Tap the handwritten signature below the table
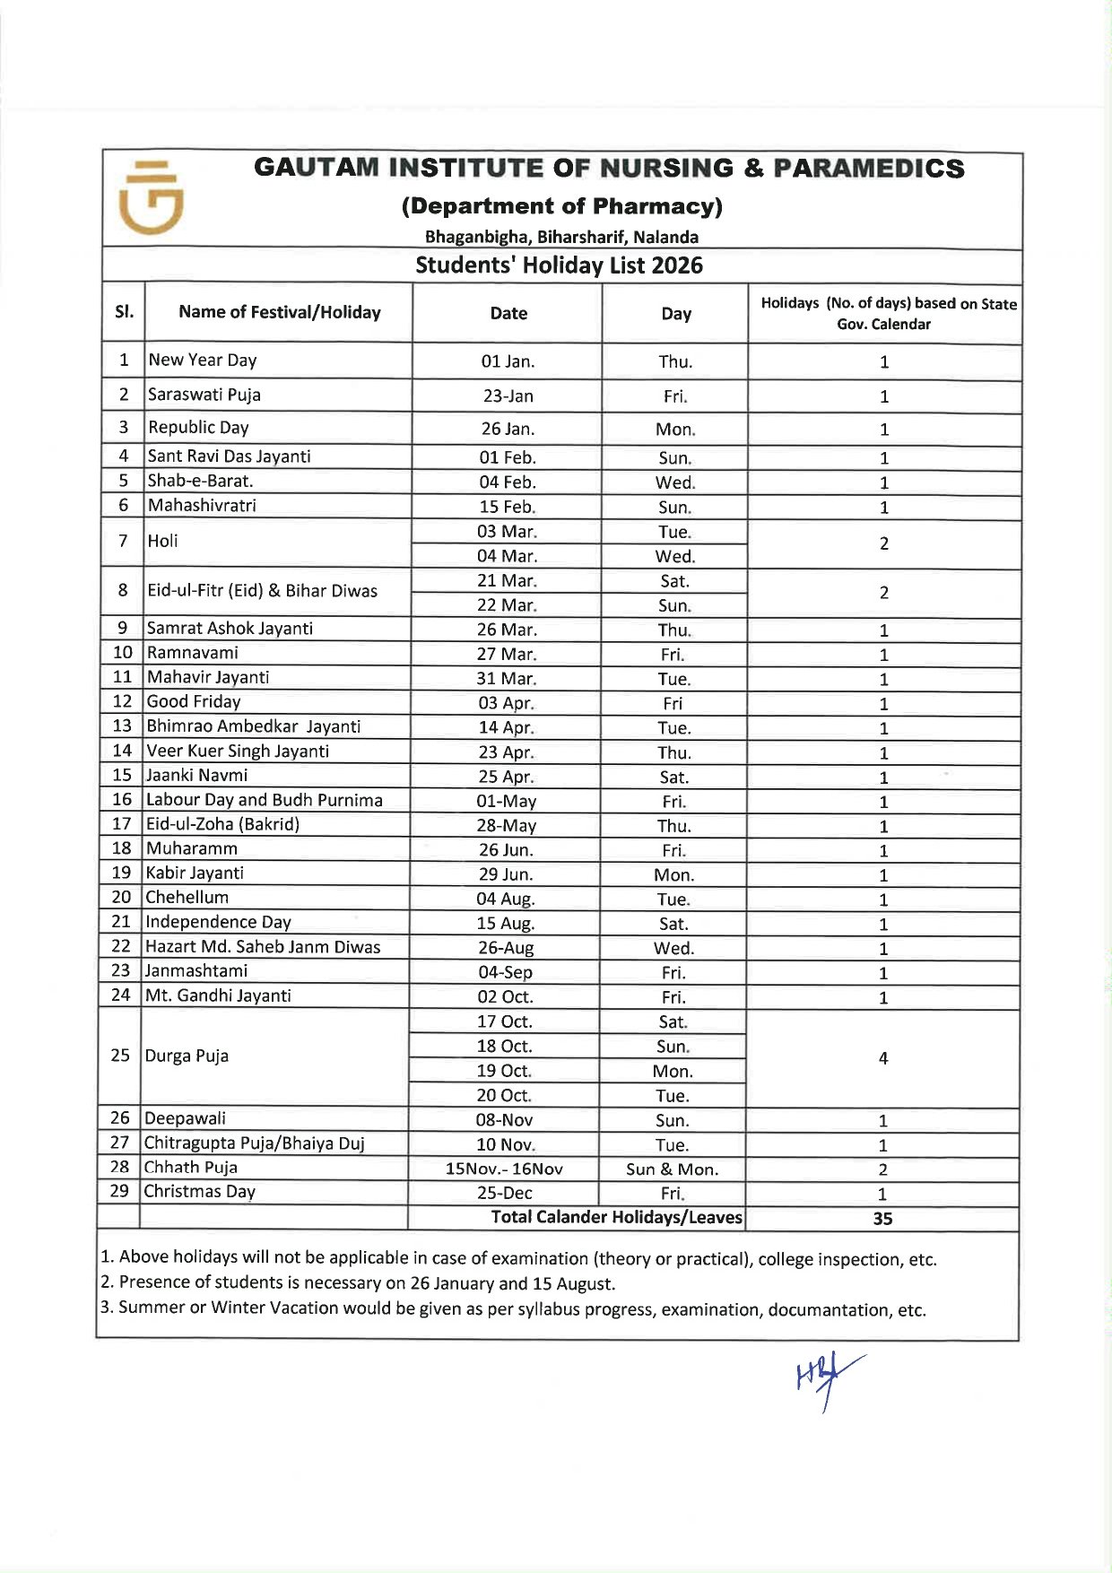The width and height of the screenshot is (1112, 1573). (828, 1378)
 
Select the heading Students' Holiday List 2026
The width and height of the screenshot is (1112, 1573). (559, 265)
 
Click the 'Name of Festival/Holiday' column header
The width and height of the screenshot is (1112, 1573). (279, 312)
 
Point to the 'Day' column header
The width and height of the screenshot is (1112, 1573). (675, 313)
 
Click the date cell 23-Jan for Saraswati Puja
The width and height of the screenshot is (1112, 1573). (508, 395)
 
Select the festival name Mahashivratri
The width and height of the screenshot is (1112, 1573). (202, 506)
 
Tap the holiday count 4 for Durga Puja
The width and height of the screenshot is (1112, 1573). (883, 1058)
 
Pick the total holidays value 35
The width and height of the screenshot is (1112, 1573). (882, 1218)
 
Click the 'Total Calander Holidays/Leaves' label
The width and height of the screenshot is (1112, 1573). (616, 1217)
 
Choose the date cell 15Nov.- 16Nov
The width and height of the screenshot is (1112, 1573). (504, 1169)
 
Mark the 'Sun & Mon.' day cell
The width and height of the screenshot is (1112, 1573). (672, 1169)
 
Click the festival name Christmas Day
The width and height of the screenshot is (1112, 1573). (199, 1192)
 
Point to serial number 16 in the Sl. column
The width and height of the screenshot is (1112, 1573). (122, 800)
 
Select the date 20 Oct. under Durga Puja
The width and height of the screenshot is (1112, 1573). (504, 1095)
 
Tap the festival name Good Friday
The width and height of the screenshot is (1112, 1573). (194, 702)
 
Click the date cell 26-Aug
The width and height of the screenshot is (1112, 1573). (506, 948)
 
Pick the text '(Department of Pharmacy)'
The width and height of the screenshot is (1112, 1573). (561, 206)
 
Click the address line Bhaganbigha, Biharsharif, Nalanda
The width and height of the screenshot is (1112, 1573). (561, 238)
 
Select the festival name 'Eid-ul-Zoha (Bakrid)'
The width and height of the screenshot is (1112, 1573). (222, 824)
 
